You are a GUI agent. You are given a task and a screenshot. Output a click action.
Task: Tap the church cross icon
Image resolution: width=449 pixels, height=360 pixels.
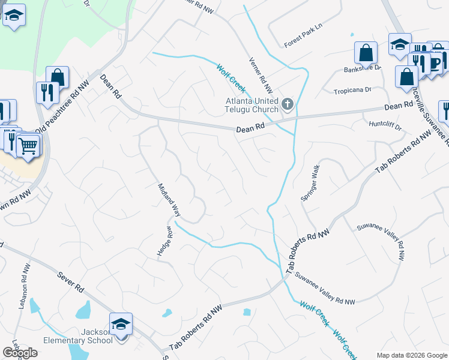tap(287, 106)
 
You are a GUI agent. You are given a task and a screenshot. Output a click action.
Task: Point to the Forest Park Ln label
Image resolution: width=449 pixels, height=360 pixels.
tap(303, 44)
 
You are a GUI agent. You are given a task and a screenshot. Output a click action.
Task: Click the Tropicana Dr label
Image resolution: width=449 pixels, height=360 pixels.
tap(352, 90)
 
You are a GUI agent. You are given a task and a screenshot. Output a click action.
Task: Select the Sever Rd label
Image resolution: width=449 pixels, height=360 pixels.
tap(71, 281)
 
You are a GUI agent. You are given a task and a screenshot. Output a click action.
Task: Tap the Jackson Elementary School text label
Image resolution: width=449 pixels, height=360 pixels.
tap(79, 336)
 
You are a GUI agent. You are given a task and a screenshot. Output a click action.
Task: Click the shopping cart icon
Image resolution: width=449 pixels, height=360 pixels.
tap(28, 145)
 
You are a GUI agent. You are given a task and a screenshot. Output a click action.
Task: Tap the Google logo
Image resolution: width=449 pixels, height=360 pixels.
tap(20, 353)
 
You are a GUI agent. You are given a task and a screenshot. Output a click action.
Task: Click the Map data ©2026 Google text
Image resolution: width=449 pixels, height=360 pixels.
tap(412, 355)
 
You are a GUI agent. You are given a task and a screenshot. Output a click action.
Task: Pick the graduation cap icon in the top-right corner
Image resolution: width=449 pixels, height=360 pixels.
tap(399, 45)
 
